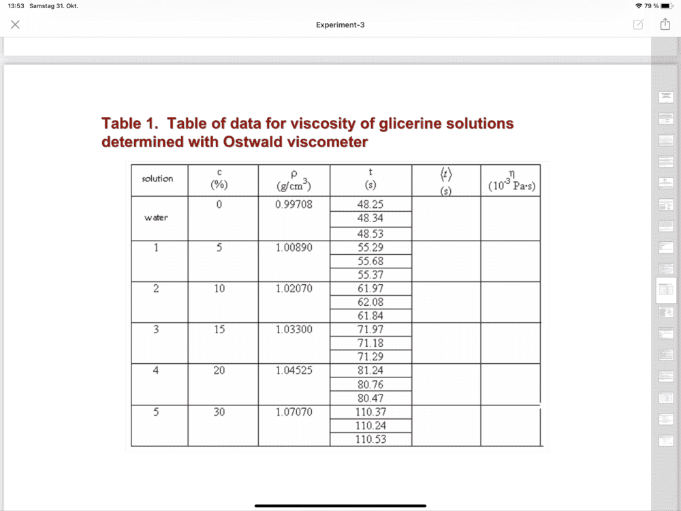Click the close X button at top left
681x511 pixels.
click(15, 25)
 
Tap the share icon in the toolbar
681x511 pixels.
click(665, 25)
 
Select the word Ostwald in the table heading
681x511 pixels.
click(251, 142)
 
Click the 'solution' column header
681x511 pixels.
click(157, 179)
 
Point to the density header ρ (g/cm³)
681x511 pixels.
click(294, 180)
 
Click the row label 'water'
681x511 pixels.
click(156, 218)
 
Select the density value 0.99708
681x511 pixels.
click(294, 204)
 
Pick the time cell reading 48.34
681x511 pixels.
click(370, 219)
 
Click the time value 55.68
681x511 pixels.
click(370, 261)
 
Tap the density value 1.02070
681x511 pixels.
click(294, 289)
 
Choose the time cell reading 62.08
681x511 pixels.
click(370, 302)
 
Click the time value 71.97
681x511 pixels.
click(370, 330)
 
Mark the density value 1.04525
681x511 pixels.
click(294, 371)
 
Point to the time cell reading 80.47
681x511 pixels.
click(370, 398)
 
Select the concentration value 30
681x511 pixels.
click(219, 412)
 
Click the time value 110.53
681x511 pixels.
click(370, 439)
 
